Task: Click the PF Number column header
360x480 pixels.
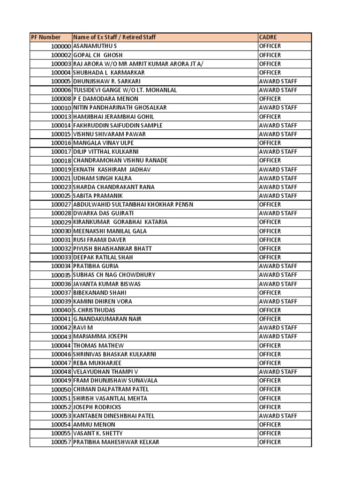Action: (46, 37)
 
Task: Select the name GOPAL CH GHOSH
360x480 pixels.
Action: (98, 55)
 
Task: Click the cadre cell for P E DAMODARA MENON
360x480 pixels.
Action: (270, 99)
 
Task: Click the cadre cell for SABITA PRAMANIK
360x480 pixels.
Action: (278, 195)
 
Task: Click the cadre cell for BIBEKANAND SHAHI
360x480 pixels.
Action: (270, 292)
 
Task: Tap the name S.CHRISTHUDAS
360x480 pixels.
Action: (94, 310)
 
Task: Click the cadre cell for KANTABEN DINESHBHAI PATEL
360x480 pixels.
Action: (278, 416)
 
